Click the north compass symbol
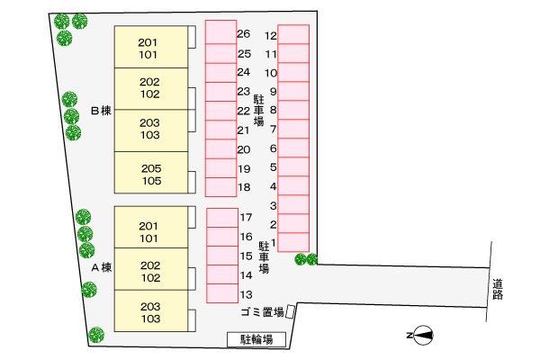click(421, 335)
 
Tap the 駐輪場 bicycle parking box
click(256, 339)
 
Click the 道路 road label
click(498, 289)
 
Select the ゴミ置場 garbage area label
click(262, 312)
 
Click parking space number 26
click(220, 32)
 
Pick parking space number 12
click(293, 34)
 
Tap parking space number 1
click(293, 242)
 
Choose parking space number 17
click(222, 218)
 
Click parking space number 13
click(222, 293)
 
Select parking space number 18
click(220, 187)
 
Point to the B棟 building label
click(101, 111)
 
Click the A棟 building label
click(102, 267)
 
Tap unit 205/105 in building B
click(151, 172)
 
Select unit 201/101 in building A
click(151, 228)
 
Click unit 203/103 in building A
click(151, 311)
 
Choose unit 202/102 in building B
click(151, 88)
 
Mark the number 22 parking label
click(244, 111)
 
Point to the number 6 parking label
click(273, 148)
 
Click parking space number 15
click(222, 256)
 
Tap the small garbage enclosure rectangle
click(291, 311)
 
